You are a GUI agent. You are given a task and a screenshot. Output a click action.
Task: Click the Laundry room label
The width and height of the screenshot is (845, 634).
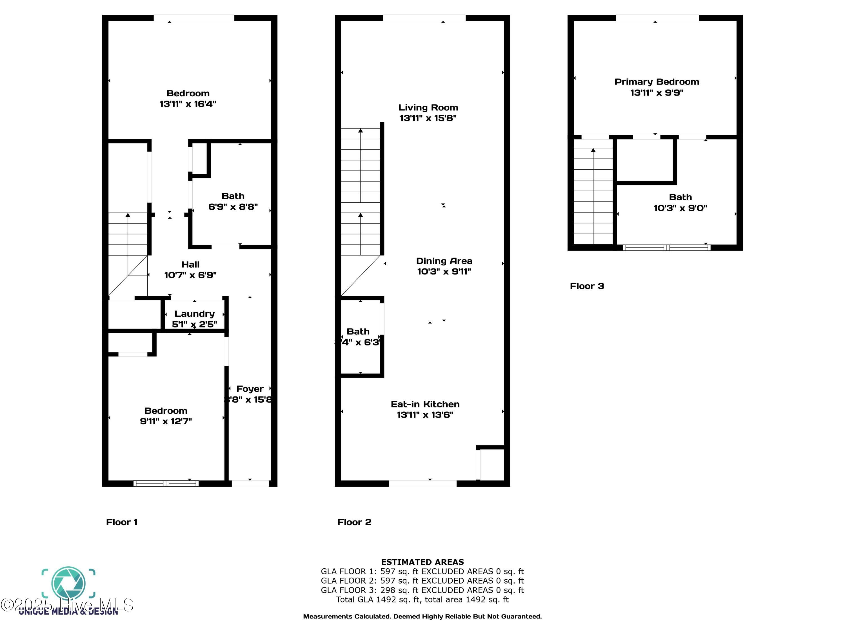(x=194, y=314)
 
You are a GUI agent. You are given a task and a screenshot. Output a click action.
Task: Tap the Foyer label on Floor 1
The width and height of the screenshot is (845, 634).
(x=250, y=389)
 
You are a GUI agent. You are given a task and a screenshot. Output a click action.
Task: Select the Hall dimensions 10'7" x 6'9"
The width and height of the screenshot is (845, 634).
(x=190, y=275)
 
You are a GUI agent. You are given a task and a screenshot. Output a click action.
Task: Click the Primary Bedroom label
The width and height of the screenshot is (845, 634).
(x=656, y=82)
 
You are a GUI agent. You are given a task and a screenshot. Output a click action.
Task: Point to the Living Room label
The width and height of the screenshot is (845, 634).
(x=428, y=108)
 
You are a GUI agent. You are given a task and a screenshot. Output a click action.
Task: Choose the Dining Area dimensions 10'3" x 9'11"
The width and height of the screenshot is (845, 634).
(x=444, y=272)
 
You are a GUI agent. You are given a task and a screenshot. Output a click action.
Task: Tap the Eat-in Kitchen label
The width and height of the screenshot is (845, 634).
(x=425, y=404)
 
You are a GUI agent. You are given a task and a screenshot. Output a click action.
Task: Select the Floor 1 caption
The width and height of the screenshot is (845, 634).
(x=121, y=522)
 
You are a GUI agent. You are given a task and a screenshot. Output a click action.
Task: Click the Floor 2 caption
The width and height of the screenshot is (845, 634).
(x=354, y=522)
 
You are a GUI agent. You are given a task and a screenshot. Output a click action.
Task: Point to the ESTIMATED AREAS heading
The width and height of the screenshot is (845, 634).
(x=422, y=562)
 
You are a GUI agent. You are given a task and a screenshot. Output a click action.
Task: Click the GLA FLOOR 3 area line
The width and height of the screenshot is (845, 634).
(x=422, y=590)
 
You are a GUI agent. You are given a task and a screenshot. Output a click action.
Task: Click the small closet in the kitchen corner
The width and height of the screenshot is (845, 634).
(x=492, y=464)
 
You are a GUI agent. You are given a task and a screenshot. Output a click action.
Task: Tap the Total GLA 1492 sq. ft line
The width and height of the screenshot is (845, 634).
(x=422, y=600)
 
